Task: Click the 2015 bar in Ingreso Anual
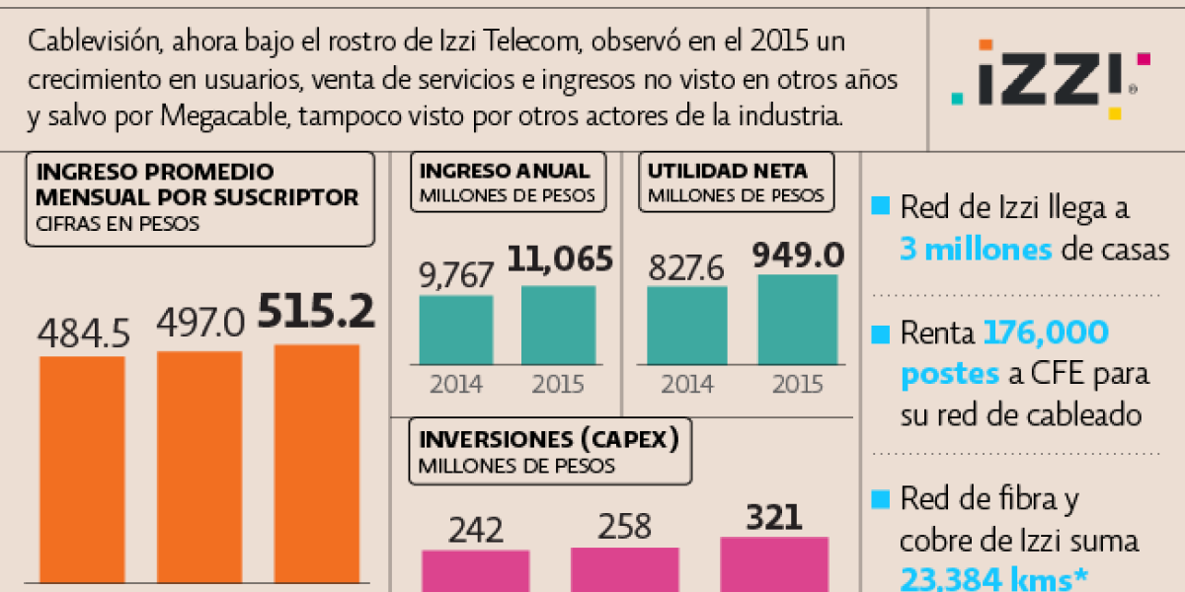click(558, 325)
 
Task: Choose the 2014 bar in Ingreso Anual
click(456, 330)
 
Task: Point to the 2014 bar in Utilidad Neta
click(687, 325)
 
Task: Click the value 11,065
click(560, 259)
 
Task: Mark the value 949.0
click(798, 257)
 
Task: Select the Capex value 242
click(476, 530)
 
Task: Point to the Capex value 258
click(624, 527)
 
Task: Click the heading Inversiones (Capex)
click(550, 439)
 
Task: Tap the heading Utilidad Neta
click(727, 171)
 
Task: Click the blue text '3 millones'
click(976, 249)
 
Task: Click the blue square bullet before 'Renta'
click(879, 334)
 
